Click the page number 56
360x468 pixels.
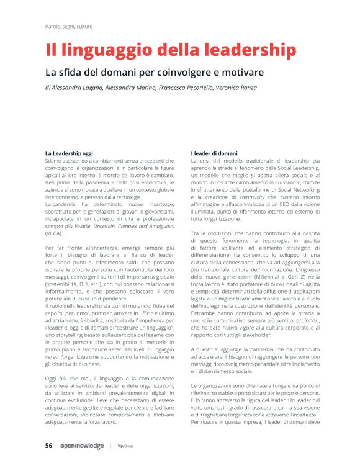tap(48, 446)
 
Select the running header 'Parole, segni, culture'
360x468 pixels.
tap(69, 27)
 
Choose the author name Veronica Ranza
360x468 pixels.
tap(236, 88)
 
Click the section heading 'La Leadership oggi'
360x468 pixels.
tap(69, 153)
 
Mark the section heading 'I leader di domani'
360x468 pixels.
tap(214, 153)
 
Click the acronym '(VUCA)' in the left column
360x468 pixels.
tap(54, 233)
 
